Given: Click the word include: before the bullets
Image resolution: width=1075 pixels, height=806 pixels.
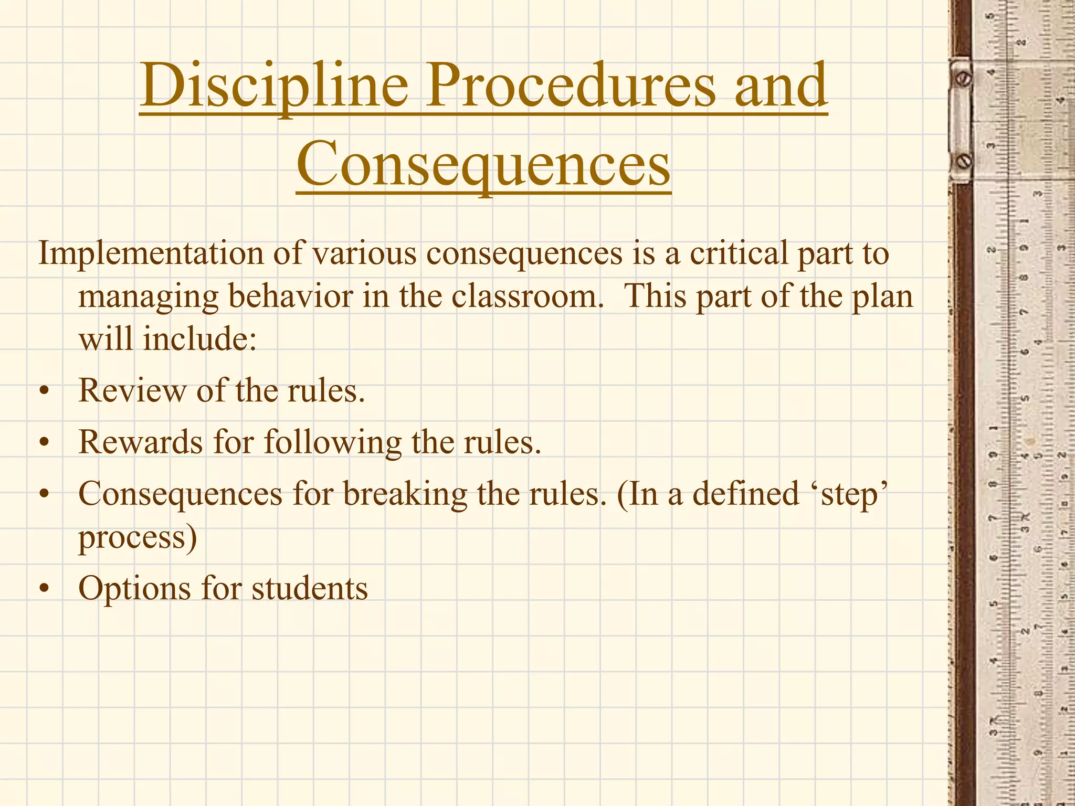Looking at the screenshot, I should [x=199, y=338].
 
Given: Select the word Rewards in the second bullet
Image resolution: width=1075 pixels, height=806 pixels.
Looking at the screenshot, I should [x=140, y=442].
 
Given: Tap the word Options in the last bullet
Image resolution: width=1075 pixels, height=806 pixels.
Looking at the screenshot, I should [x=134, y=589].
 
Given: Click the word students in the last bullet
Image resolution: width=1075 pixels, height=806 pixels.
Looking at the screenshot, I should [x=310, y=589].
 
